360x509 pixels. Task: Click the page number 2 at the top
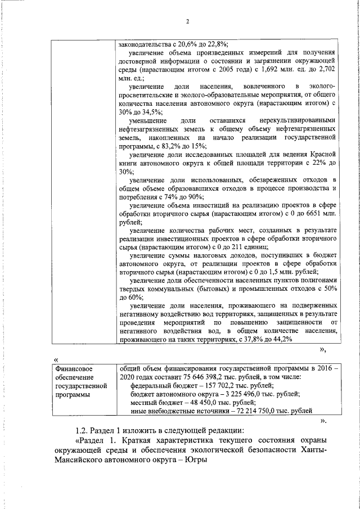188,22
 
